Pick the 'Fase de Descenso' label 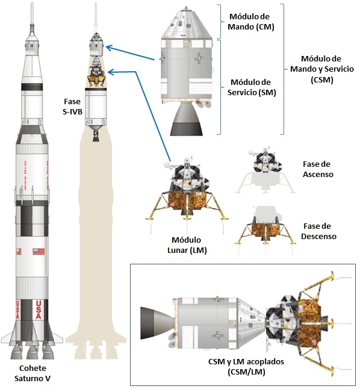click(x=318, y=231)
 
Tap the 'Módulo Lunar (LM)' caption click(x=189, y=244)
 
